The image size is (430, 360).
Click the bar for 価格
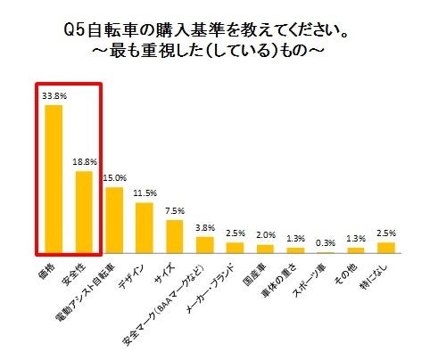click(x=54, y=179)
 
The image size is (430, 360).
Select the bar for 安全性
click(x=84, y=212)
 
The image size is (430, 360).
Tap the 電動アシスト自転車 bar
click(x=114, y=220)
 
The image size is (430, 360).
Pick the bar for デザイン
click(x=145, y=227)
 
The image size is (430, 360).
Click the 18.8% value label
click(x=84, y=161)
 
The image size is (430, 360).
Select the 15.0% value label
click(x=114, y=176)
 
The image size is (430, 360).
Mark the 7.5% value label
click(x=175, y=210)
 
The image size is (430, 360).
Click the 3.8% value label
click(x=205, y=227)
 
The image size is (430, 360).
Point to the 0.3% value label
click(x=326, y=242)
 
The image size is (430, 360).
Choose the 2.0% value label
click(x=265, y=235)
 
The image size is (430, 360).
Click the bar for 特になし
click(x=386, y=247)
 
